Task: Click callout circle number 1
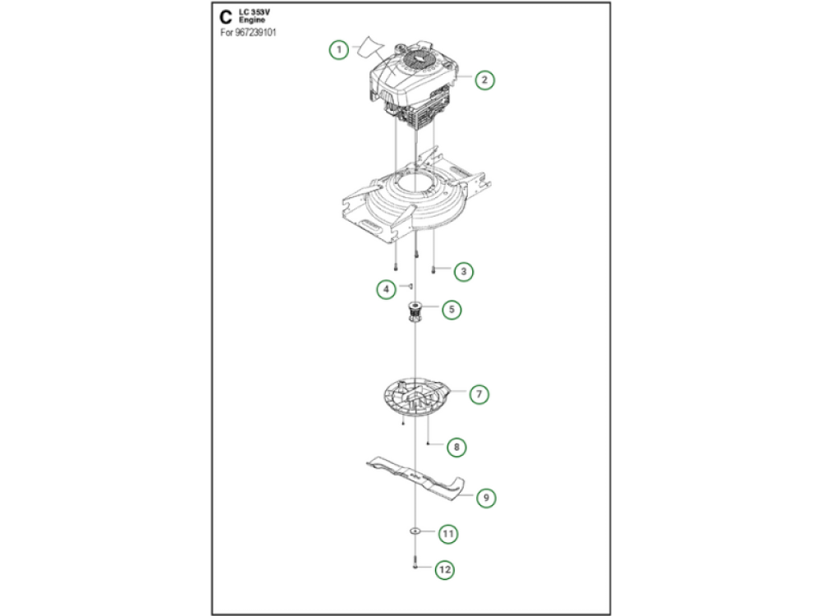pos(339,50)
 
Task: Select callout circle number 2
pos(484,80)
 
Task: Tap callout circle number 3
pos(463,271)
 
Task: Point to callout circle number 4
pos(387,288)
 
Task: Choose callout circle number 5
pos(452,310)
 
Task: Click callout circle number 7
pos(479,394)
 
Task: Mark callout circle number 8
pos(456,447)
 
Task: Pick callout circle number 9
pos(486,498)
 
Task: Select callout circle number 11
pos(447,534)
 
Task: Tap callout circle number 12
pos(444,569)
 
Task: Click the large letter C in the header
pos(226,17)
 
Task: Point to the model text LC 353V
pos(255,11)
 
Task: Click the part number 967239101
pos(256,33)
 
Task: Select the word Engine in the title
pos(252,20)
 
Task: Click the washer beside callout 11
pos(415,531)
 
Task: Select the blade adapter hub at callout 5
pos(415,313)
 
